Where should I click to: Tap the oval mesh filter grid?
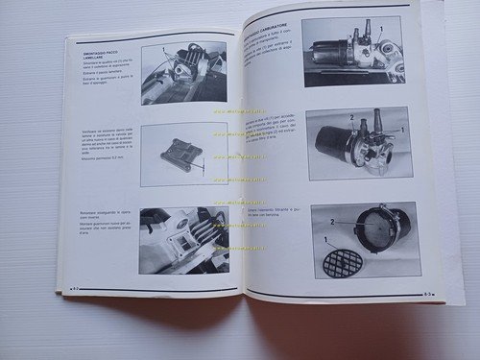coord(343,260)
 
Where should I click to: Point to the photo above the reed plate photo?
coord(183,77)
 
